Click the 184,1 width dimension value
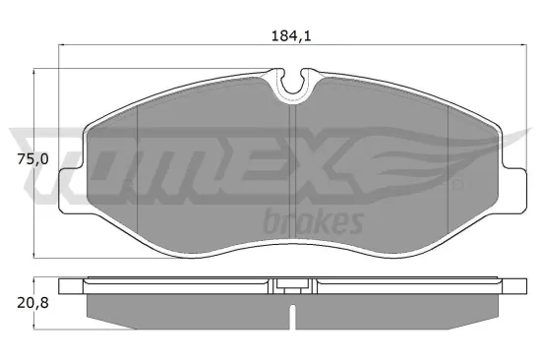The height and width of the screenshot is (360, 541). (293, 36)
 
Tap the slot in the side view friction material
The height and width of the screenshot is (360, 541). (292, 317)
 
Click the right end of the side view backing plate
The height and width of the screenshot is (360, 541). (517, 286)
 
